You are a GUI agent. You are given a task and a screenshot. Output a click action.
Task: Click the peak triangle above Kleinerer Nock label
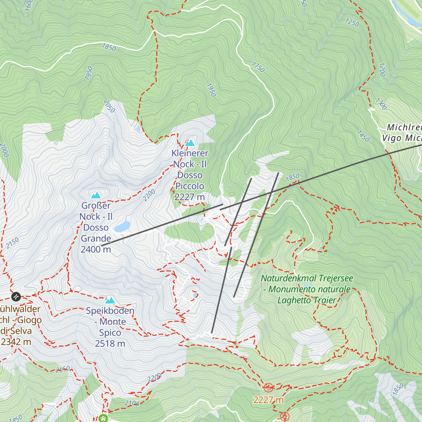(x=190, y=143)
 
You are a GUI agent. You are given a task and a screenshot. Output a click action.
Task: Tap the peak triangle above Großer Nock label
(x=96, y=195)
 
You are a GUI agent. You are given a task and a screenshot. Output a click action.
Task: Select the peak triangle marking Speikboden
(x=110, y=300)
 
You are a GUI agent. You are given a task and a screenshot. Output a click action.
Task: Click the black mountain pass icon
(x=16, y=297)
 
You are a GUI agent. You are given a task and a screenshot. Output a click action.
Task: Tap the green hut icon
(x=103, y=418)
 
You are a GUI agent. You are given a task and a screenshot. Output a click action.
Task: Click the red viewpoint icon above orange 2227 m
(x=268, y=388)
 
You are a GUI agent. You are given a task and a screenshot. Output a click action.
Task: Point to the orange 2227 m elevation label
(x=268, y=400)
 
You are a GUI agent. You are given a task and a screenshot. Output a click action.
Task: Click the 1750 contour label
(x=258, y=67)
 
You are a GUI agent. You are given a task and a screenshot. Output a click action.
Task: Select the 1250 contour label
(x=352, y=23)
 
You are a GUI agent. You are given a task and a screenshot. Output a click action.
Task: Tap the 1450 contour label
(x=363, y=136)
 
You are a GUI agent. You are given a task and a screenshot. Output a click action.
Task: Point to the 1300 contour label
(x=381, y=104)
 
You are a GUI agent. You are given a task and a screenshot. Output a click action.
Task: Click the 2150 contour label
(x=12, y=243)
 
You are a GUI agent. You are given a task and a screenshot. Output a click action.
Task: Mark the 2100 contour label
(x=132, y=403)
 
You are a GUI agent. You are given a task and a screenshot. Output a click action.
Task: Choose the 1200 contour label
(x=382, y=70)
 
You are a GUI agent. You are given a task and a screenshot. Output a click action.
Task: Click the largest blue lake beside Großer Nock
(x=122, y=226)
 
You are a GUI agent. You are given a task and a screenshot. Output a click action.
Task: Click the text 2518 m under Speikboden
(x=110, y=344)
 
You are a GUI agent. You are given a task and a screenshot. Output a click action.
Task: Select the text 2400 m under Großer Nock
(x=96, y=249)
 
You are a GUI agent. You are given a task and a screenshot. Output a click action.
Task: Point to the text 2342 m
(x=16, y=341)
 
